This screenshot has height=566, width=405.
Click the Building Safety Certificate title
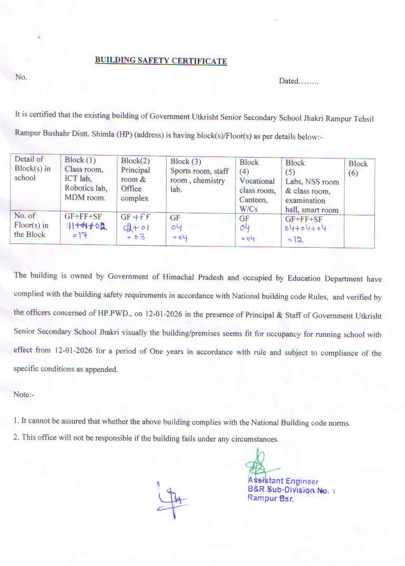(x=161, y=61)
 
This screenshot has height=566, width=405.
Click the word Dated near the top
(x=288, y=81)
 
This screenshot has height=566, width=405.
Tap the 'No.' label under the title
(x=21, y=77)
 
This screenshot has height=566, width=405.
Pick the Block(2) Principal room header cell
(x=140, y=179)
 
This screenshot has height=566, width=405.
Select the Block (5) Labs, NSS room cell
(x=312, y=186)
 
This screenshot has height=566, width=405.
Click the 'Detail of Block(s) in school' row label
(x=33, y=168)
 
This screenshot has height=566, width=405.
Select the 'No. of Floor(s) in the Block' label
(x=31, y=226)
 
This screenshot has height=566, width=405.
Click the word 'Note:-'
(x=24, y=394)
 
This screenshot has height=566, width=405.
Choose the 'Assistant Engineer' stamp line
(x=283, y=481)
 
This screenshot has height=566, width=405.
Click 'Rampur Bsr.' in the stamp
(x=270, y=499)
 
